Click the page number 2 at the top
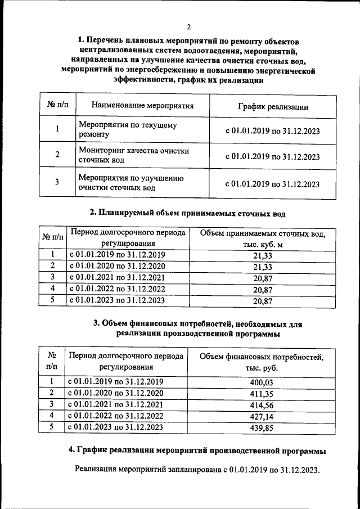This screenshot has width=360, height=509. coord(188,26)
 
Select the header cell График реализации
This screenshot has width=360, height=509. coord(272,105)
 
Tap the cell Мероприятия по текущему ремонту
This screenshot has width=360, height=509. coord(128,130)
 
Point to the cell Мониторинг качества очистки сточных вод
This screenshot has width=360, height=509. coord(133,156)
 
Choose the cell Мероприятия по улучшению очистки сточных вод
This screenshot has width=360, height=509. coord(131,183)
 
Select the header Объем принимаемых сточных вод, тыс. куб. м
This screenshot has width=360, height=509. coord(263,239)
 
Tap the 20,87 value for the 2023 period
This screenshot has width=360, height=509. coord(263,301)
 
